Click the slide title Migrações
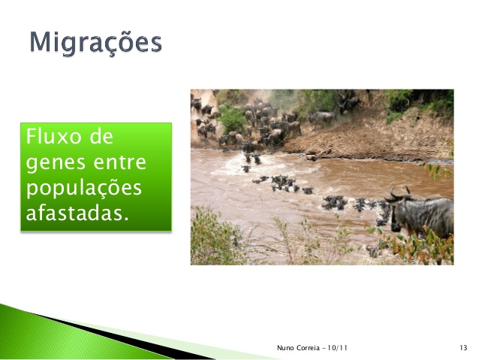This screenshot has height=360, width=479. click(95, 43)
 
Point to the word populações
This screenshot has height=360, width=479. click(83, 187)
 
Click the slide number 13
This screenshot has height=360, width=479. click(462, 347)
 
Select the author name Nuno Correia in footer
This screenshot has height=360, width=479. click(297, 347)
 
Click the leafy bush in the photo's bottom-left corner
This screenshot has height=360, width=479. click(214, 241)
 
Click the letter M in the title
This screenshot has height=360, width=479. click(42, 43)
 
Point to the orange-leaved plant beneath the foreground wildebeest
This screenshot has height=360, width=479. click(420, 248)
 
